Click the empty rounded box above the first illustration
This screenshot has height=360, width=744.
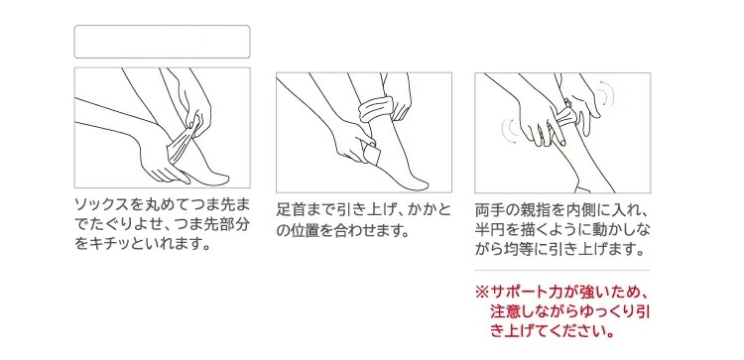[x=163, y=42]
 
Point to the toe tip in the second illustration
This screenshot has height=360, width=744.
[x=425, y=183]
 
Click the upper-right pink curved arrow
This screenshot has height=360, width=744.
[x=607, y=96]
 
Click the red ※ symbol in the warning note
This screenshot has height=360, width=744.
[x=482, y=293]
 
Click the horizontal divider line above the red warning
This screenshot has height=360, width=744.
[x=562, y=271]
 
